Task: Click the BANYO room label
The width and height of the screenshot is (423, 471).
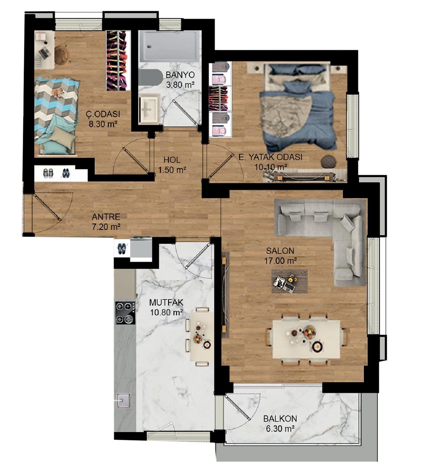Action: pyautogui.click(x=180, y=75)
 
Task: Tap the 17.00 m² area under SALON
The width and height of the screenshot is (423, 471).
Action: pyautogui.click(x=281, y=261)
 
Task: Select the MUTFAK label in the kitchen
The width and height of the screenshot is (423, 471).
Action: pyautogui.click(x=166, y=302)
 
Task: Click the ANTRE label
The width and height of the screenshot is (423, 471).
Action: pyautogui.click(x=106, y=217)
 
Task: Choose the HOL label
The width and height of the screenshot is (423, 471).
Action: pyautogui.click(x=172, y=160)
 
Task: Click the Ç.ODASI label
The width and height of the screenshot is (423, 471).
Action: pyautogui.click(x=103, y=114)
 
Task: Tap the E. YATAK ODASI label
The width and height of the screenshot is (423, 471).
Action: pyautogui.click(x=270, y=157)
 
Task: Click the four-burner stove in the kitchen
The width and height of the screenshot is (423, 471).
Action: pyautogui.click(x=125, y=313)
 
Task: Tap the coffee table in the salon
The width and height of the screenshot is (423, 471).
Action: pyautogui.click(x=289, y=281)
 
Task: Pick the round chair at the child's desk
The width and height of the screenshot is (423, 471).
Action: pyautogui.click(x=62, y=54)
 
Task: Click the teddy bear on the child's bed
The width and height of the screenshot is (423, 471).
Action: pyautogui.click(x=57, y=92)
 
